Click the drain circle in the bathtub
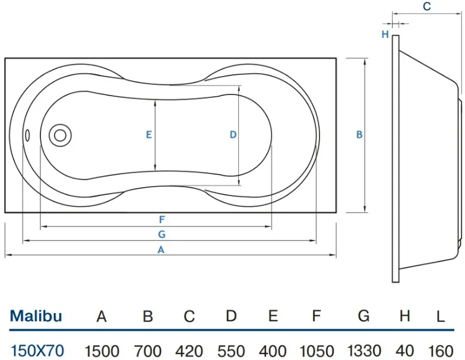coord(60,135)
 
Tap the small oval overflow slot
coord(27,135)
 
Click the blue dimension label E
coord(149,135)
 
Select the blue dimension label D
coord(233,135)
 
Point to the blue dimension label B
coord(359,135)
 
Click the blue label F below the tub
coord(162,220)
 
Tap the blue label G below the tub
coord(162,234)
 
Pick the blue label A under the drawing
coord(161,250)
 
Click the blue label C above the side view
coord(427,6)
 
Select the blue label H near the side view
coord(385,34)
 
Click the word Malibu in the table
coord(36,316)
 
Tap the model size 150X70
coord(37,351)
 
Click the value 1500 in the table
coord(102,351)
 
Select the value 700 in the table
coord(148,351)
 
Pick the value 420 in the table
coord(189,351)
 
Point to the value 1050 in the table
coord(317,351)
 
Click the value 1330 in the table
coord(364,350)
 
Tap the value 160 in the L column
coord(441,351)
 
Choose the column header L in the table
coord(441,317)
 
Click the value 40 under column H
coord(404,351)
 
